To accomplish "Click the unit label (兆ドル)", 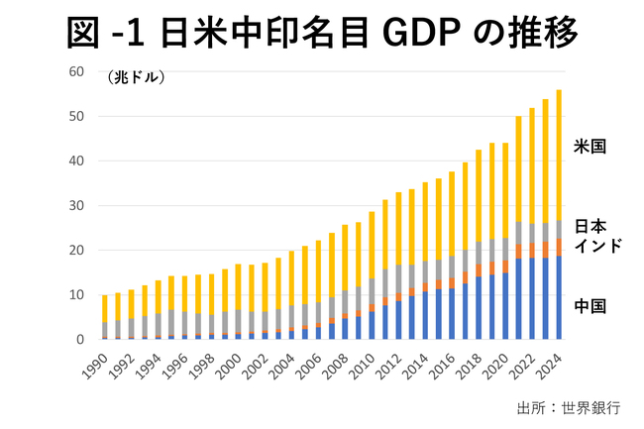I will (136, 76).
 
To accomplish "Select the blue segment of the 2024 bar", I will (559, 297).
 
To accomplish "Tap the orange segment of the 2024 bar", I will (559, 247).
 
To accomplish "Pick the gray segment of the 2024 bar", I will (559, 229).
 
